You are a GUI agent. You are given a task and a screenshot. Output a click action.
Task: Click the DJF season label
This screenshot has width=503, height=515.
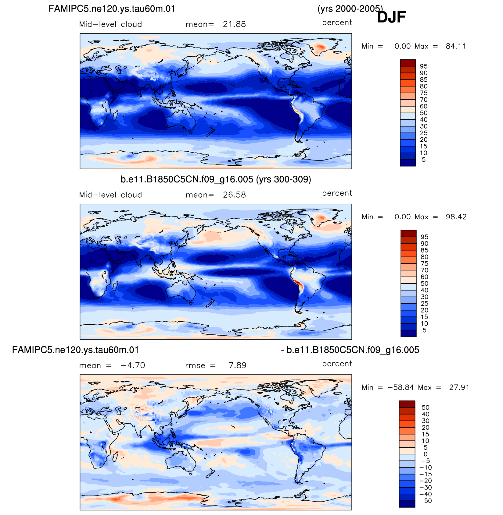coord(391,17)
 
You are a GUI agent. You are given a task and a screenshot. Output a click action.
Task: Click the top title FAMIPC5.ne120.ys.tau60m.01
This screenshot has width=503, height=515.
coord(112,9)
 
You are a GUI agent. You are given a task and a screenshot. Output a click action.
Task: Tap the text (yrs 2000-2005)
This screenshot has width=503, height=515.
coord(350,9)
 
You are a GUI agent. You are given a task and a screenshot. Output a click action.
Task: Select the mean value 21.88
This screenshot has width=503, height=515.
coord(234,24)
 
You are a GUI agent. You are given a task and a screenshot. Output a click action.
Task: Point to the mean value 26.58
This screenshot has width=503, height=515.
coord(234,195)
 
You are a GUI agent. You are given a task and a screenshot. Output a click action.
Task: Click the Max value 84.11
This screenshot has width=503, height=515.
coord(456,46)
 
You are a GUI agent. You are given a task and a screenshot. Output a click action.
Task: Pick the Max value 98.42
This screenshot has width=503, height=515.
coord(456,217)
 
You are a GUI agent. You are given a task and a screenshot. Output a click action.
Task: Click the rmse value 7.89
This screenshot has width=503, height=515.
coord(238,365)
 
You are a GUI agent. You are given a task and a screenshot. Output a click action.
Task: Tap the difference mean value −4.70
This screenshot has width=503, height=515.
coord(133,365)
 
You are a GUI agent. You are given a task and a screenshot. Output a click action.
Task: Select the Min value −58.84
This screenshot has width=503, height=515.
coord(401,387)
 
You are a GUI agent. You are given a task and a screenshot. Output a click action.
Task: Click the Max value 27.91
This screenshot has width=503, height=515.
coord(459,387)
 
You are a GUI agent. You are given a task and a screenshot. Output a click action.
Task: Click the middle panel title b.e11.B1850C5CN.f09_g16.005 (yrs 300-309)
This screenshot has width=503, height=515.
coord(216,179)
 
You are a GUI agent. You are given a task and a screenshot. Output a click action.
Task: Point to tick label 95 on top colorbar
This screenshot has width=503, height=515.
coord(424,66)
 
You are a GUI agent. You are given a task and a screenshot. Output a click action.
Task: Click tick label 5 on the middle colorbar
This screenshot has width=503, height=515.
coord(424,330)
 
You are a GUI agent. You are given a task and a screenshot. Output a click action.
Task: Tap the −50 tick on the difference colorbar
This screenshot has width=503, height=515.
coord(426,501)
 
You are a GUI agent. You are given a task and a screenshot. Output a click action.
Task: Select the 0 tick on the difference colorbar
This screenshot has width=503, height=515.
coord(426,454)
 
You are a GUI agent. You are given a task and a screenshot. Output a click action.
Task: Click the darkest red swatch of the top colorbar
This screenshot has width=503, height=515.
coord(408,63)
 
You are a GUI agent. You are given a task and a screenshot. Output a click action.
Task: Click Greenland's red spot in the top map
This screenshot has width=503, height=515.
coord(320,47)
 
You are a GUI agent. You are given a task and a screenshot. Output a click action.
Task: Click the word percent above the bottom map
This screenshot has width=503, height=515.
coord(337,364)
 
